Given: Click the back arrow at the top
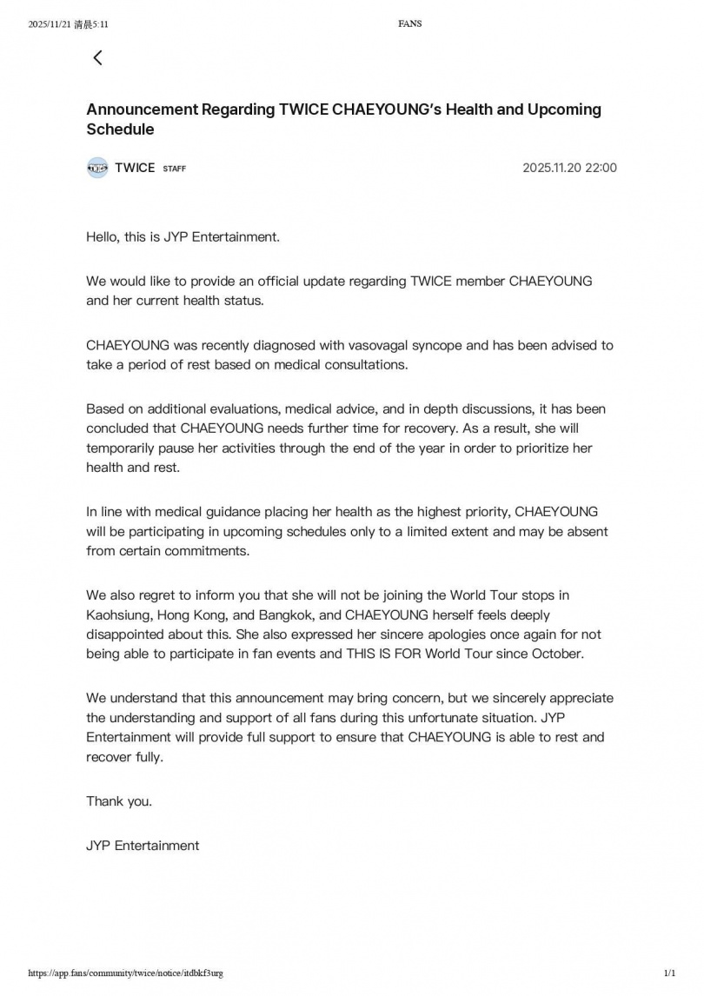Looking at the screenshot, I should click(x=97, y=57).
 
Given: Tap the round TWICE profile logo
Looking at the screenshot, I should click(x=97, y=168).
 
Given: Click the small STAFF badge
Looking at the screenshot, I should click(x=174, y=169).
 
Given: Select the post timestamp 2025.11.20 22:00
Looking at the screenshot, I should click(x=569, y=168).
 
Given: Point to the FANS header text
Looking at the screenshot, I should click(x=410, y=23).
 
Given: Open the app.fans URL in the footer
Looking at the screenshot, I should click(x=125, y=973).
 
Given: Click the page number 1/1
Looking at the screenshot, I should click(x=669, y=973).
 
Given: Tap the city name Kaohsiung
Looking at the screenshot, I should click(x=118, y=614).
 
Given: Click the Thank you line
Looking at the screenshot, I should click(x=119, y=801).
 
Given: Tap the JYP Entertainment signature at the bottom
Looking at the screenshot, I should click(x=143, y=845).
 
